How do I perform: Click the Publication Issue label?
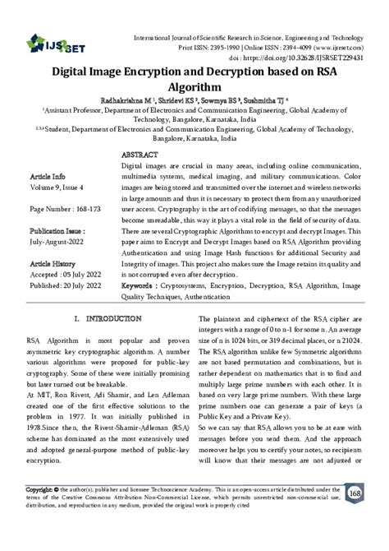pyautogui.click(x=60, y=232)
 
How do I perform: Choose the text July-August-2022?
pyautogui.click(x=59, y=243)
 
